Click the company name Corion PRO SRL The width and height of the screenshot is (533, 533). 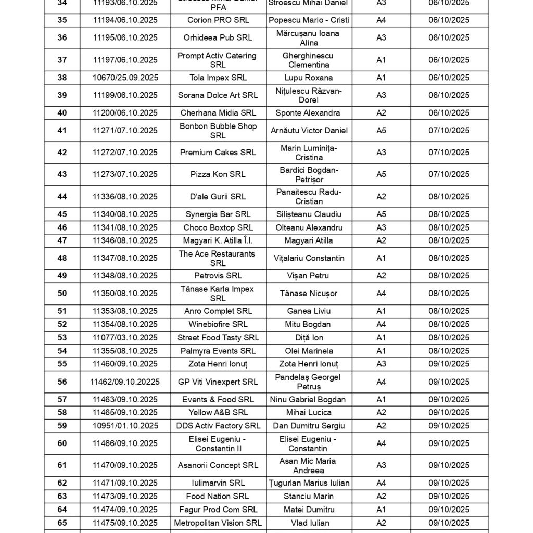pos(218,20)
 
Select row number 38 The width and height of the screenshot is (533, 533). pos(62,78)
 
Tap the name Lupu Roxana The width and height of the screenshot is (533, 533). pos(309,78)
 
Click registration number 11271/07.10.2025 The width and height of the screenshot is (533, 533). pos(125,131)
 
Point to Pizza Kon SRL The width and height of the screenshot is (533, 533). pos(218,174)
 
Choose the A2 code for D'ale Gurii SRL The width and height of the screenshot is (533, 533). pos(381,197)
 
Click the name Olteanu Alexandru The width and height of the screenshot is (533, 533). pos(309,227)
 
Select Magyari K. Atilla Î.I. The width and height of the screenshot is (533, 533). pos(218,240)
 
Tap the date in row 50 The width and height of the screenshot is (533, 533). pos(449,294)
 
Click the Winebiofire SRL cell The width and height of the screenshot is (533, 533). pos(218,324)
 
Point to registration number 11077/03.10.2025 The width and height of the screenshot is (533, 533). pos(125,338)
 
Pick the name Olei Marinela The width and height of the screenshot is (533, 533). pos(309,351)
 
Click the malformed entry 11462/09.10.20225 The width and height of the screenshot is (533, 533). pos(125,382)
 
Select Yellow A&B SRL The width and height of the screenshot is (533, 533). pos(218,413)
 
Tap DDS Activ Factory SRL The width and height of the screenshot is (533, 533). pos(218,426)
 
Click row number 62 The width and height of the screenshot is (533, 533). pos(62,483)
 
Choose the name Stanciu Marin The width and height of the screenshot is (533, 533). pos(309,496)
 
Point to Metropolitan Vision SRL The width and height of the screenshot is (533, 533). pos(218,523)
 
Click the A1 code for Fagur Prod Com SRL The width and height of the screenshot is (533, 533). pos(381,510)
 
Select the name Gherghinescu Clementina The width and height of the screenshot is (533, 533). pos(309,60)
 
